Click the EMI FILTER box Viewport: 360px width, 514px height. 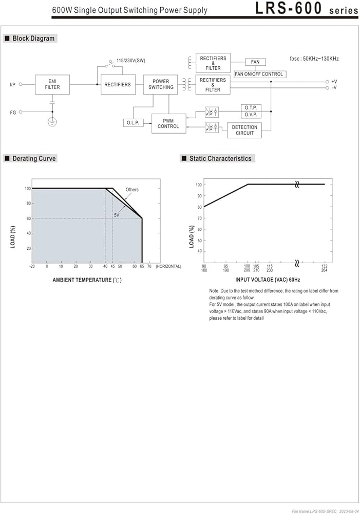[x=52, y=85]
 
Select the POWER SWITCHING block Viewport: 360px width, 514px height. [x=161, y=85]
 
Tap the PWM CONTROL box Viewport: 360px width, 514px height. [x=168, y=123]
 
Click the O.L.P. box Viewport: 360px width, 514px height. [x=134, y=123]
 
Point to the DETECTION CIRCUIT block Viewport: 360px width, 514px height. [x=244, y=130]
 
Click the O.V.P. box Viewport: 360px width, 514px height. [x=251, y=115]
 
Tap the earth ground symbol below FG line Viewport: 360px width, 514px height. [x=52, y=122]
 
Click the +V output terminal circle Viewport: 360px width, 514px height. [x=327, y=82]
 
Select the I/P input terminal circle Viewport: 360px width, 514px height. [x=21, y=84]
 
